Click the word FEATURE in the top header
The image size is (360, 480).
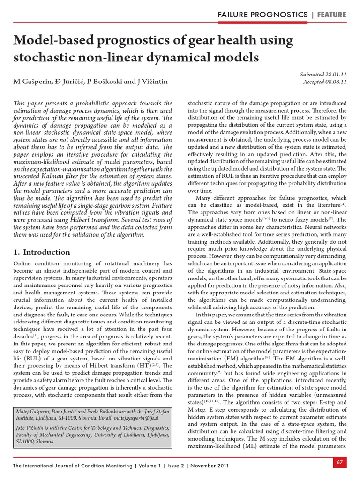331,15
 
